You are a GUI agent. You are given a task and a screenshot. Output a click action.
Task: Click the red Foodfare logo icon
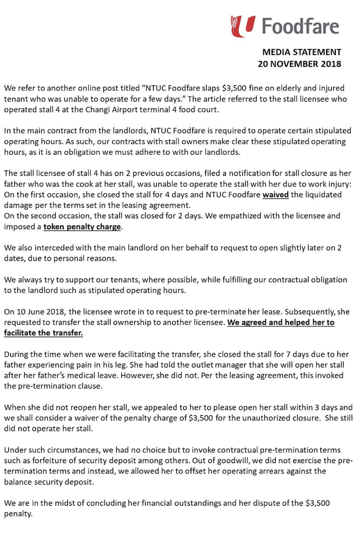click(243, 26)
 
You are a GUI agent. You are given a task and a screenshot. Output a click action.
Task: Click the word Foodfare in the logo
click(300, 25)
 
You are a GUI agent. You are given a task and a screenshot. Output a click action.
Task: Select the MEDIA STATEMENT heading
click(301, 52)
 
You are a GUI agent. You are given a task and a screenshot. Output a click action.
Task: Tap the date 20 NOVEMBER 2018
click(299, 64)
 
